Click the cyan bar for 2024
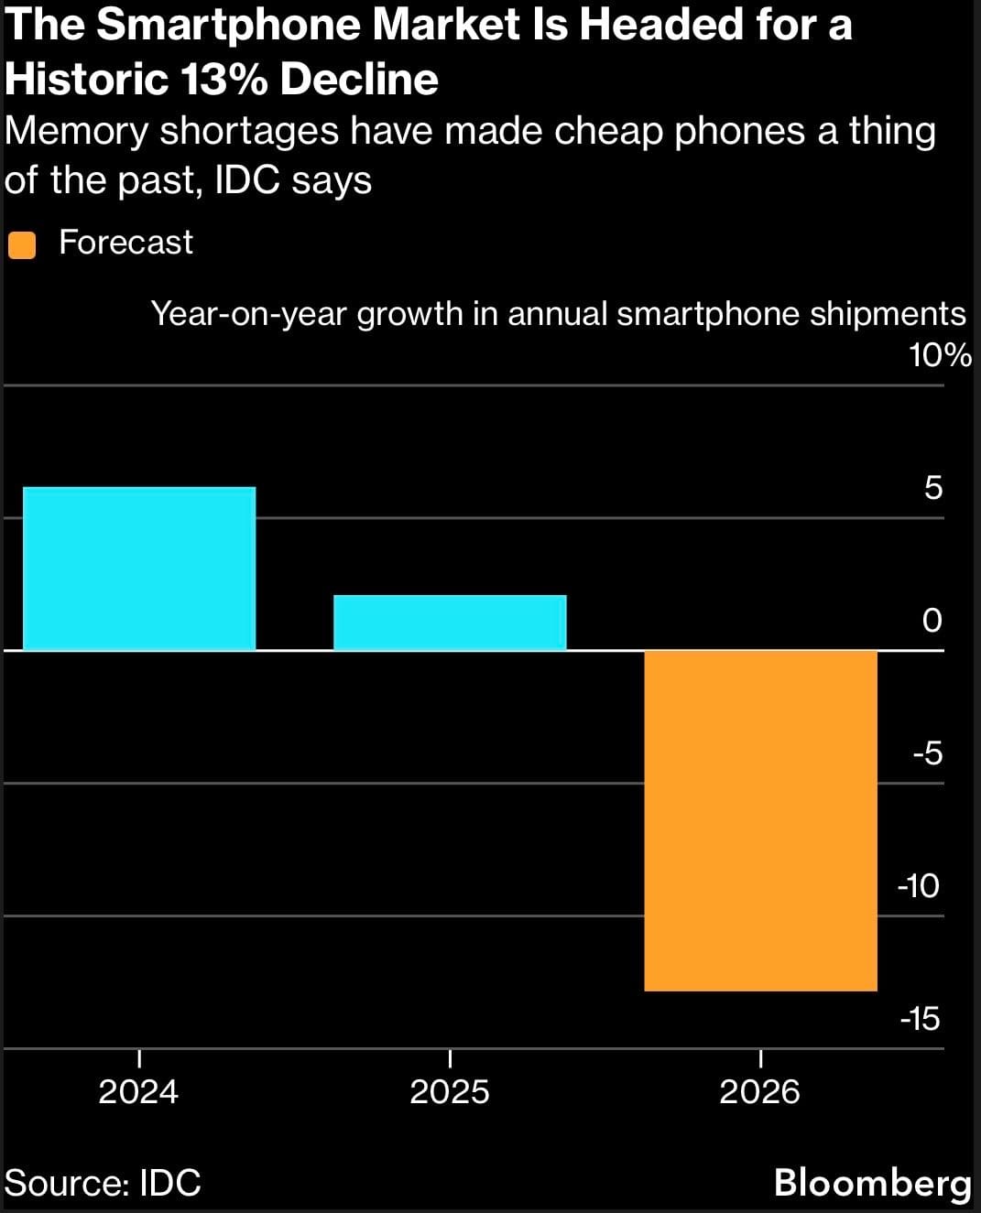pos(138,568)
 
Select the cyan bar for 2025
pos(450,623)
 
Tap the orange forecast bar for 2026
pos(760,819)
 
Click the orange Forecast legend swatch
pos(21,245)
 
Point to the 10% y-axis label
pos(940,355)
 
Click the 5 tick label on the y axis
pos(932,488)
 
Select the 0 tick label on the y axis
pos(932,621)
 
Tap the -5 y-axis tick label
pos(927,753)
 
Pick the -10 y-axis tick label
pos(919,886)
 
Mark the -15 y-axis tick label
pos(920,1019)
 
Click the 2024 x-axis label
pos(138,1091)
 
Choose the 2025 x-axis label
pos(449,1091)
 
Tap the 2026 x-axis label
pos(759,1091)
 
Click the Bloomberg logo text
pos(872,1183)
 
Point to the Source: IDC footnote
pos(103,1183)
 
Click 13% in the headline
pos(223,80)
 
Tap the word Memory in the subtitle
pos(76,131)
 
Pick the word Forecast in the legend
pos(125,243)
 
